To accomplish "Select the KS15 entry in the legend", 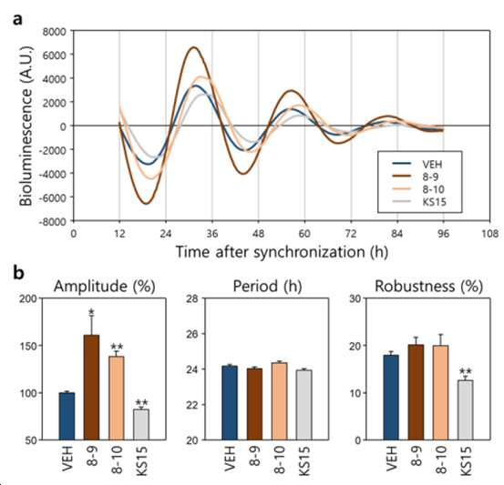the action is click(x=419, y=202).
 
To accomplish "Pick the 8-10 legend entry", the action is click(x=418, y=189).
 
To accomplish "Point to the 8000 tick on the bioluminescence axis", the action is click(x=54, y=32).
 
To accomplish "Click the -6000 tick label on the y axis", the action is click(x=52, y=197).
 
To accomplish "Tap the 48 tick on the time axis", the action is click(x=259, y=234).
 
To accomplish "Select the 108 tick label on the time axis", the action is click(x=489, y=234).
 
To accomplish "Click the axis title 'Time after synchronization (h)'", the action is click(x=282, y=252).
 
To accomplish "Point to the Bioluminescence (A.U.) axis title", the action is click(x=26, y=126).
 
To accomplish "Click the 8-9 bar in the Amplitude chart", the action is click(x=92, y=387).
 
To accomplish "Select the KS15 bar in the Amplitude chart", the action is click(x=141, y=424).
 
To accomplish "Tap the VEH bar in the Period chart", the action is click(x=230, y=403).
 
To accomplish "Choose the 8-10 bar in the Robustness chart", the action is click(x=440, y=392).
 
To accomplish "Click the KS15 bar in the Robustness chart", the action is click(x=466, y=409).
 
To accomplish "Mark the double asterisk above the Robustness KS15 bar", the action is click(x=466, y=371).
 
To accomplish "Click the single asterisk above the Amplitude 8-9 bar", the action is click(x=92, y=311).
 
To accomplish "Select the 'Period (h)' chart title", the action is click(x=267, y=286).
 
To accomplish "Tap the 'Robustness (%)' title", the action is click(x=428, y=286).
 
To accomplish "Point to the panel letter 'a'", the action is click(x=18, y=19).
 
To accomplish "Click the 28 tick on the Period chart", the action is click(x=192, y=298).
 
